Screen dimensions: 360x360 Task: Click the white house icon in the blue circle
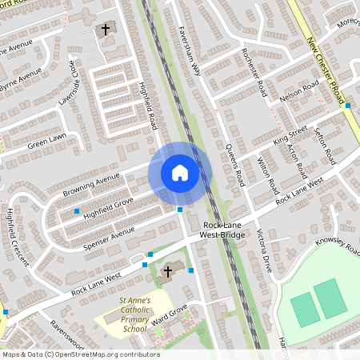180,173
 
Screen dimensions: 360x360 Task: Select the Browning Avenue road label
91,182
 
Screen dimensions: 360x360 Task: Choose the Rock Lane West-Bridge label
222,231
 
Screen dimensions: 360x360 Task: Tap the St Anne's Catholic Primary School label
134,314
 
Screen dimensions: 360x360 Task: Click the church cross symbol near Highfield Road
105,30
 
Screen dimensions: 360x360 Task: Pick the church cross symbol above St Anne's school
168,272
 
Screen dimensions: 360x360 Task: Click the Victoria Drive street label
264,250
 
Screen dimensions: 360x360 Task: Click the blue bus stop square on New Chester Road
349,105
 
